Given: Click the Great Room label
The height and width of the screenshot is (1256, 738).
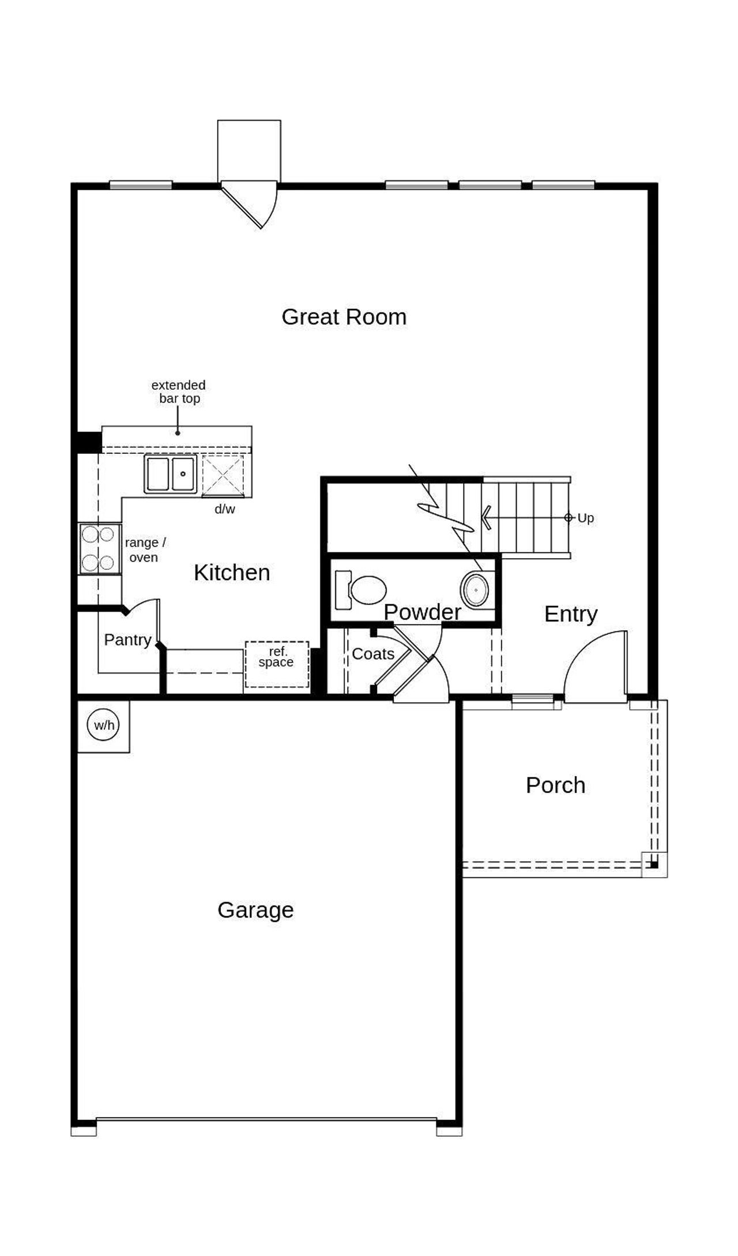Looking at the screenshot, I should pos(344,317).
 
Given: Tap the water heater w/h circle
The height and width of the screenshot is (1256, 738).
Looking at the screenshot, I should pos(104,725).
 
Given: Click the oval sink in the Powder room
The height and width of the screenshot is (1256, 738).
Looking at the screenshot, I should pos(475,590).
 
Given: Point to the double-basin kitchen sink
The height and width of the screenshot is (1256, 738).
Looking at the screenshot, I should pos(171,473).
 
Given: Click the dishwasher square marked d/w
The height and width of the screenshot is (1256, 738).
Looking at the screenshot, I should pos(223,475).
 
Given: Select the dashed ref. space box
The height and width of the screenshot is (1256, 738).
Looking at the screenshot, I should pos(277,664).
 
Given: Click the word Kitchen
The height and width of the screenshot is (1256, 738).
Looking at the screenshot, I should pos(232,573).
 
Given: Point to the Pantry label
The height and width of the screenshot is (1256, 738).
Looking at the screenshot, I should pos(127,640).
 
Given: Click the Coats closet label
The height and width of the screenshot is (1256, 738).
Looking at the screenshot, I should pos(373,654).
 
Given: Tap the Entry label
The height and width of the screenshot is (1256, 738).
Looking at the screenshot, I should pos(571,614).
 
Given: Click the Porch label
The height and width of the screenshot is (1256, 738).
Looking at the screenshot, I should pos(555,785).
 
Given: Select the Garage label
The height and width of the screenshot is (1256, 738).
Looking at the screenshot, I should pos(255,910).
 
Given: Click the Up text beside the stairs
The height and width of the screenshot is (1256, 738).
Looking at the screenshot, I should pos(585,518).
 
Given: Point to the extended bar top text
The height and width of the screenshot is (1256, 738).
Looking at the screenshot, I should pos(179,392).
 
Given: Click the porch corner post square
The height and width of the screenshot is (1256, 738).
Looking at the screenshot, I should pos(654,864).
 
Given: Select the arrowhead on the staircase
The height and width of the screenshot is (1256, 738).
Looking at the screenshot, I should pos(486,517).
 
